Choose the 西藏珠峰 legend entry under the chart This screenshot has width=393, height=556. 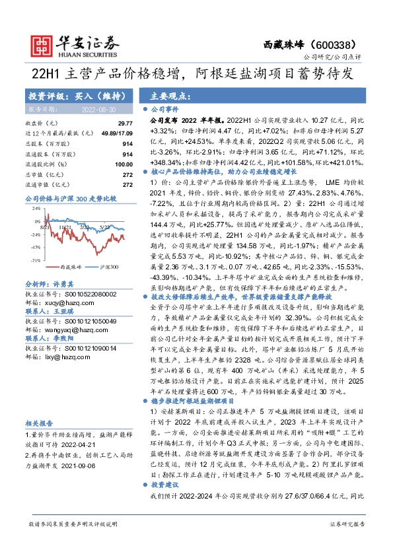pos(53,268)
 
